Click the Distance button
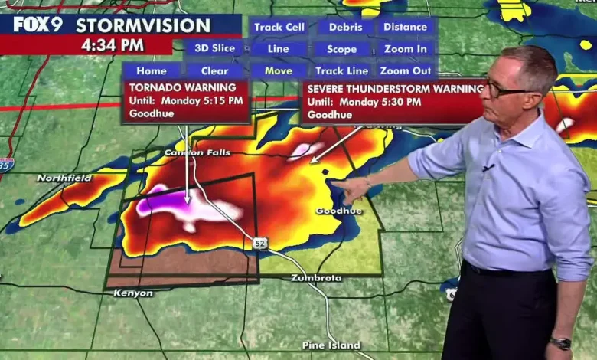[x=406, y=27]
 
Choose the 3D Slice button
[x=215, y=48]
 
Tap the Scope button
[x=341, y=49]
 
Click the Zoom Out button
[x=406, y=70]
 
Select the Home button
[x=152, y=71]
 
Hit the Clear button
[x=215, y=71]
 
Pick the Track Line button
[x=341, y=70]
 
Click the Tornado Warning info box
[x=186, y=100]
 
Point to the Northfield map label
[x=64, y=178]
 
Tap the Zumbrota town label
[x=316, y=277]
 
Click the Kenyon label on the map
[x=133, y=293]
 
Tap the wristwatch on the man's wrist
[x=561, y=342]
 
